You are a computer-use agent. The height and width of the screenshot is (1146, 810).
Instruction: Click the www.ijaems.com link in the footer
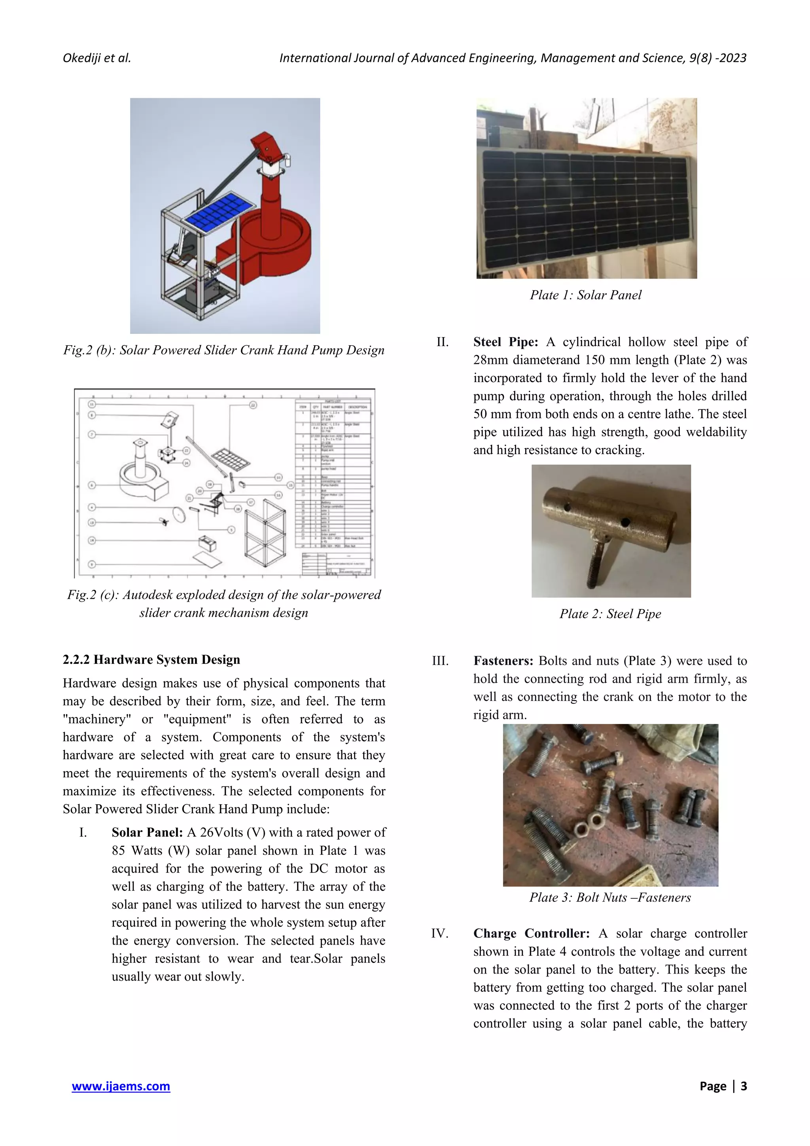click(x=121, y=1086)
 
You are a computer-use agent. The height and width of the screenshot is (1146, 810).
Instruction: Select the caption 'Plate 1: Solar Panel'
click(x=585, y=295)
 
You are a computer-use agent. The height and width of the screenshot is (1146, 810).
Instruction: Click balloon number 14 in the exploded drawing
click(x=92, y=540)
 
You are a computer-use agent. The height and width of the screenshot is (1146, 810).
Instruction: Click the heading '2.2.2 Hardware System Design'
click(x=151, y=659)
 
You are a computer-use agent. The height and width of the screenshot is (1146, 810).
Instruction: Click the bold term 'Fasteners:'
click(x=503, y=661)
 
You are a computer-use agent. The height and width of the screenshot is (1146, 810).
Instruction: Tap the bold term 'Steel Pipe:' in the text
click(x=505, y=342)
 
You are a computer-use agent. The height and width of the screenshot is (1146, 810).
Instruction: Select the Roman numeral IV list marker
click(x=440, y=933)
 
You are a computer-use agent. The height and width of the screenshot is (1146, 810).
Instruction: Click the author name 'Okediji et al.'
click(x=97, y=58)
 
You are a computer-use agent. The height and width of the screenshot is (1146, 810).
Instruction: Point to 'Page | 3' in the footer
click(x=723, y=1086)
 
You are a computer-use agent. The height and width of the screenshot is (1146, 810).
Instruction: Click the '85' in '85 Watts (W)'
click(x=119, y=851)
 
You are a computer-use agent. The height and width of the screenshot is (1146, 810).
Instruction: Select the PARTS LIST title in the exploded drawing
click(x=333, y=401)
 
